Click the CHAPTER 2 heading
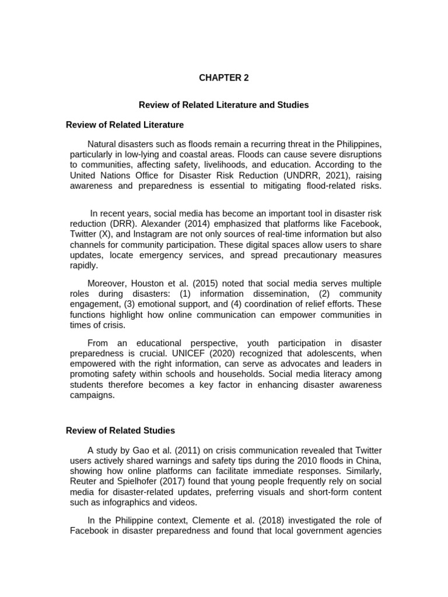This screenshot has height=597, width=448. (x=223, y=78)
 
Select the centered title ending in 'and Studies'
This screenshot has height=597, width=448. (x=223, y=105)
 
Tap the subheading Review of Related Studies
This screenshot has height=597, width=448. (x=120, y=430)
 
